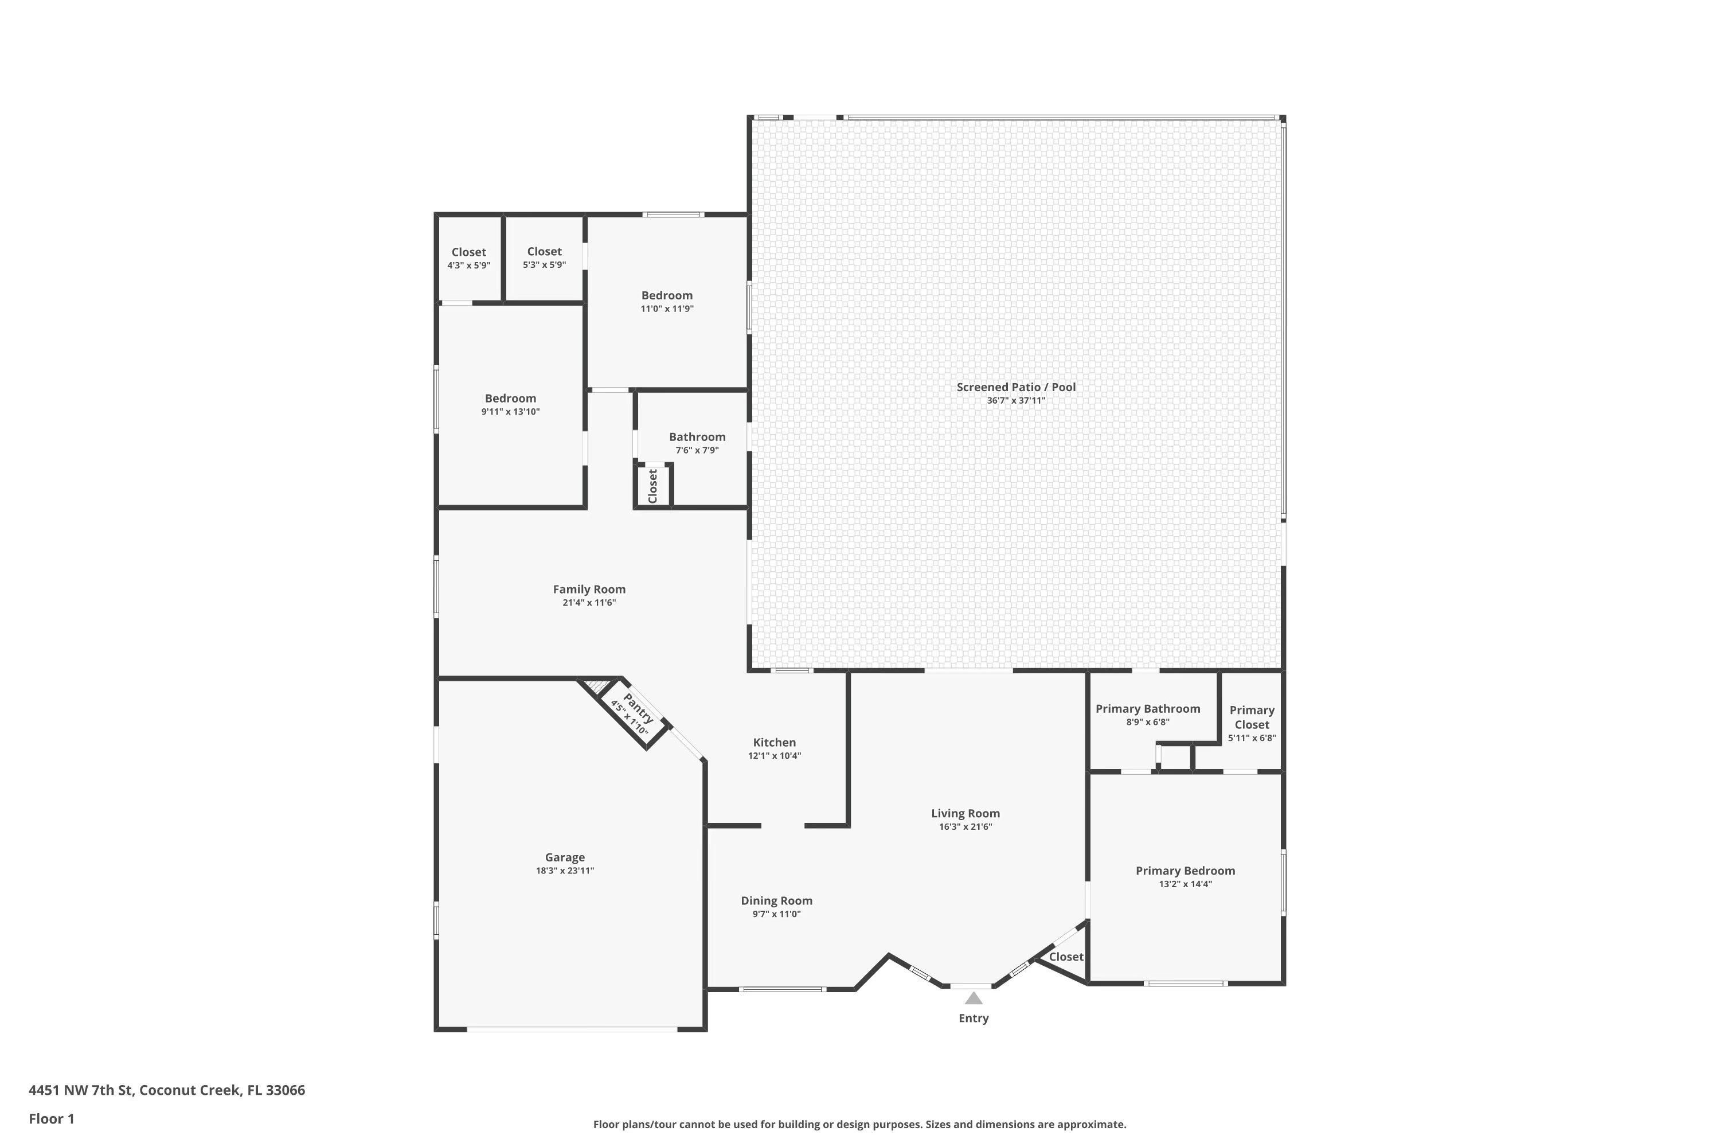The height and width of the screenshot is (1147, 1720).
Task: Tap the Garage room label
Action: [565, 857]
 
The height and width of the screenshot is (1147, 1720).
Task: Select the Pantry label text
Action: [638, 708]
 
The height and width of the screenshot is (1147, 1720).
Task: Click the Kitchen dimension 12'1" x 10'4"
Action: [775, 756]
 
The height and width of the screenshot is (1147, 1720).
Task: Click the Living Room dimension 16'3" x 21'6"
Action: [965, 826]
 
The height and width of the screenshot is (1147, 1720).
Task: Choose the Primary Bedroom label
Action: [1185, 871]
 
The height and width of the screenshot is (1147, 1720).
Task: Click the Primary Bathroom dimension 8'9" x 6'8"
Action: [1147, 722]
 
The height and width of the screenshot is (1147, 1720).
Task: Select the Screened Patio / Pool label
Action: [1016, 387]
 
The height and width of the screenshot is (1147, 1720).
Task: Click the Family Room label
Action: [589, 589]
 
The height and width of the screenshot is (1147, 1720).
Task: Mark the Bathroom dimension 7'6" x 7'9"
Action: [697, 450]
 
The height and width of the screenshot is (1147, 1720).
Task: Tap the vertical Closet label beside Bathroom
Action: [653, 486]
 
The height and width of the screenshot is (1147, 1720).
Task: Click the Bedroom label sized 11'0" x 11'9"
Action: [667, 295]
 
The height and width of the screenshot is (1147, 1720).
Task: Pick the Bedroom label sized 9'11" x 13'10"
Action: [510, 398]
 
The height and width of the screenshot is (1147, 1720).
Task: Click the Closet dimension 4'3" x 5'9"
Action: [469, 266]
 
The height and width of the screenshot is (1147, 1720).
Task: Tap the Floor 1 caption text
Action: [51, 1118]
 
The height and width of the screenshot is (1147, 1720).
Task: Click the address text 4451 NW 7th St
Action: [80, 1090]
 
